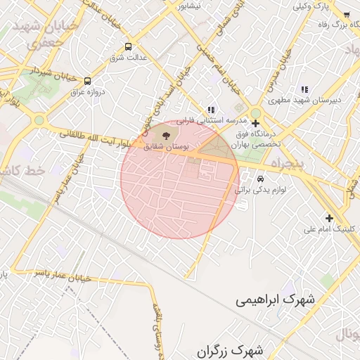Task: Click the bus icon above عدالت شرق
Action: click(x=128, y=47)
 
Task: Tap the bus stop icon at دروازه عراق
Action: click(x=87, y=81)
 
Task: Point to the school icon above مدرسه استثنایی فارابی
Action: click(x=211, y=110)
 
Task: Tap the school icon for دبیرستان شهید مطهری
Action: click(x=304, y=89)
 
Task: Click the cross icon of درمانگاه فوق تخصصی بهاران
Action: click(x=255, y=124)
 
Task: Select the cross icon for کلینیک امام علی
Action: click(x=328, y=218)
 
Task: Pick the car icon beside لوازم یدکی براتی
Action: click(x=261, y=179)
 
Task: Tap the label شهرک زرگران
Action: click(x=230, y=349)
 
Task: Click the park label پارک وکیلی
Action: click(x=311, y=6)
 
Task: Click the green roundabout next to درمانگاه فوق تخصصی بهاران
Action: click(x=256, y=112)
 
